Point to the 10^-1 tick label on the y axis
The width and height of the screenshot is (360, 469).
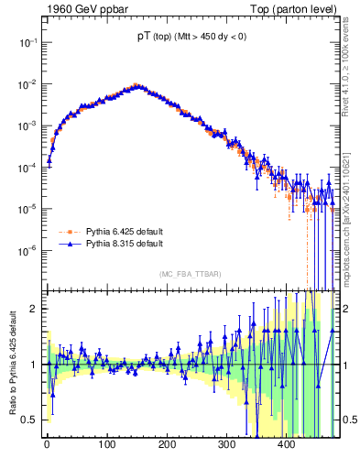(x=27, y=42)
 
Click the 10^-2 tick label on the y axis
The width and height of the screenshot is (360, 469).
(x=27, y=84)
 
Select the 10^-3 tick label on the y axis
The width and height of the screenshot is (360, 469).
(x=27, y=125)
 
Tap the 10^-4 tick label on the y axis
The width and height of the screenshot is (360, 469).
(x=27, y=168)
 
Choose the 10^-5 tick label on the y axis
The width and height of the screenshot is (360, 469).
(x=27, y=209)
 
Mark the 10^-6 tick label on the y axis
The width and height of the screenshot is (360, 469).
(x=27, y=250)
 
